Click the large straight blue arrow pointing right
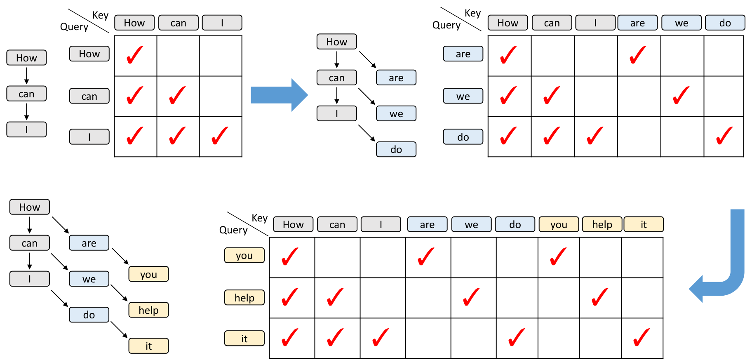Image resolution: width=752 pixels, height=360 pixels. pyautogui.click(x=279, y=95)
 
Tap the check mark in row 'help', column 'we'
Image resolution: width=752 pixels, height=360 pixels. pyautogui.click(x=471, y=297)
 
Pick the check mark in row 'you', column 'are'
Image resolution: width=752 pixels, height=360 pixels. pyautogui.click(x=426, y=256)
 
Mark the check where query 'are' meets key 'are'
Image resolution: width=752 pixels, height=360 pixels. pyautogui.click(x=638, y=55)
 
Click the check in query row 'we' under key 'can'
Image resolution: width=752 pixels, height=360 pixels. pyautogui.click(x=552, y=95)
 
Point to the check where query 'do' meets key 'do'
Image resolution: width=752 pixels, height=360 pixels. pyautogui.click(x=724, y=136)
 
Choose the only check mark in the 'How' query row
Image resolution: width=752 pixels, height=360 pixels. pyautogui.click(x=135, y=55)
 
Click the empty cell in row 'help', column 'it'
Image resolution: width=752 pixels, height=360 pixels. pyautogui.click(x=642, y=298)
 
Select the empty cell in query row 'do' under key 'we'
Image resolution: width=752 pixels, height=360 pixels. pyautogui.click(x=682, y=136)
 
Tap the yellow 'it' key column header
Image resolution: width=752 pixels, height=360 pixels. pyautogui.click(x=644, y=224)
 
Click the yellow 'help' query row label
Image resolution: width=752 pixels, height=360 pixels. pyautogui.click(x=244, y=297)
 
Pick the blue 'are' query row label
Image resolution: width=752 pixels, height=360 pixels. pyautogui.click(x=463, y=54)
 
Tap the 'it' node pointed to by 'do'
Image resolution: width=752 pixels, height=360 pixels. pyautogui.click(x=148, y=346)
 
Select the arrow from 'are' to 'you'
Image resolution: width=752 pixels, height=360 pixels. pyautogui.click(x=120, y=256)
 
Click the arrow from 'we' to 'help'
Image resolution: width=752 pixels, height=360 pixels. pyautogui.click(x=119, y=293)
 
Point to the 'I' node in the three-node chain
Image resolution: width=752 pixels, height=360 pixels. pyautogui.click(x=26, y=129)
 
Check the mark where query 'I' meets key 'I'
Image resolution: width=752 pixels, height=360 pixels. pyautogui.click(x=220, y=136)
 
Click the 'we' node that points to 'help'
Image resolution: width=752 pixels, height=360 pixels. pyautogui.click(x=89, y=279)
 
